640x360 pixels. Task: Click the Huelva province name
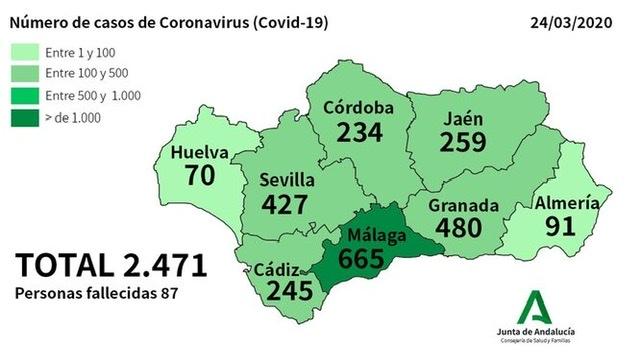(x=200, y=154)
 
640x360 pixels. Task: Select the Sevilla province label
(x=287, y=180)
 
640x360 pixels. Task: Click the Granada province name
(x=463, y=205)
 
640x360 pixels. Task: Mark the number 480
(x=464, y=228)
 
